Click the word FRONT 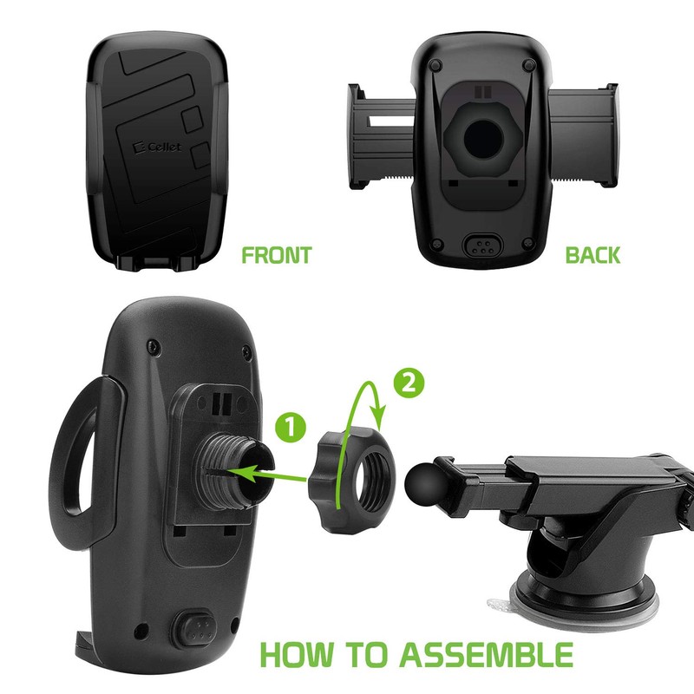click(x=276, y=256)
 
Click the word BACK click(x=593, y=256)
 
